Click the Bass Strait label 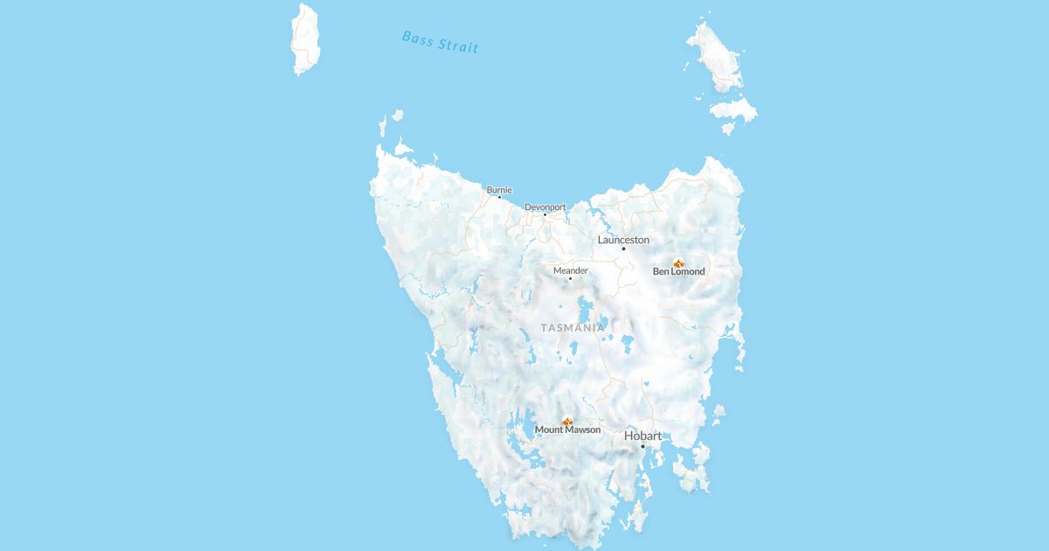pyautogui.click(x=440, y=42)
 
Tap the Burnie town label pyautogui.click(x=499, y=189)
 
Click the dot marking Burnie pyautogui.click(x=499, y=197)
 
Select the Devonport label pyautogui.click(x=545, y=207)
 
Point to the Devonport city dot pyautogui.click(x=545, y=214)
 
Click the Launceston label pyautogui.click(x=623, y=240)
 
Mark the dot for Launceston pyautogui.click(x=623, y=248)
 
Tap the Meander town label pyautogui.click(x=570, y=270)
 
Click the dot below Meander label pyautogui.click(x=570, y=278)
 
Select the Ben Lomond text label pyautogui.click(x=678, y=272)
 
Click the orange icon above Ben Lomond pyautogui.click(x=678, y=262)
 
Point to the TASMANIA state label pyautogui.click(x=573, y=328)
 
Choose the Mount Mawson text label pyautogui.click(x=567, y=430)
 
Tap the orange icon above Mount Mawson pyautogui.click(x=567, y=422)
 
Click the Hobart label pyautogui.click(x=643, y=436)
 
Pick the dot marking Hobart pyautogui.click(x=643, y=446)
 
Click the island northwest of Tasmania pyautogui.click(x=305, y=39)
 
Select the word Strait pyautogui.click(x=460, y=45)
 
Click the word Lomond pyautogui.click(x=688, y=272)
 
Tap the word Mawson pyautogui.click(x=583, y=430)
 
